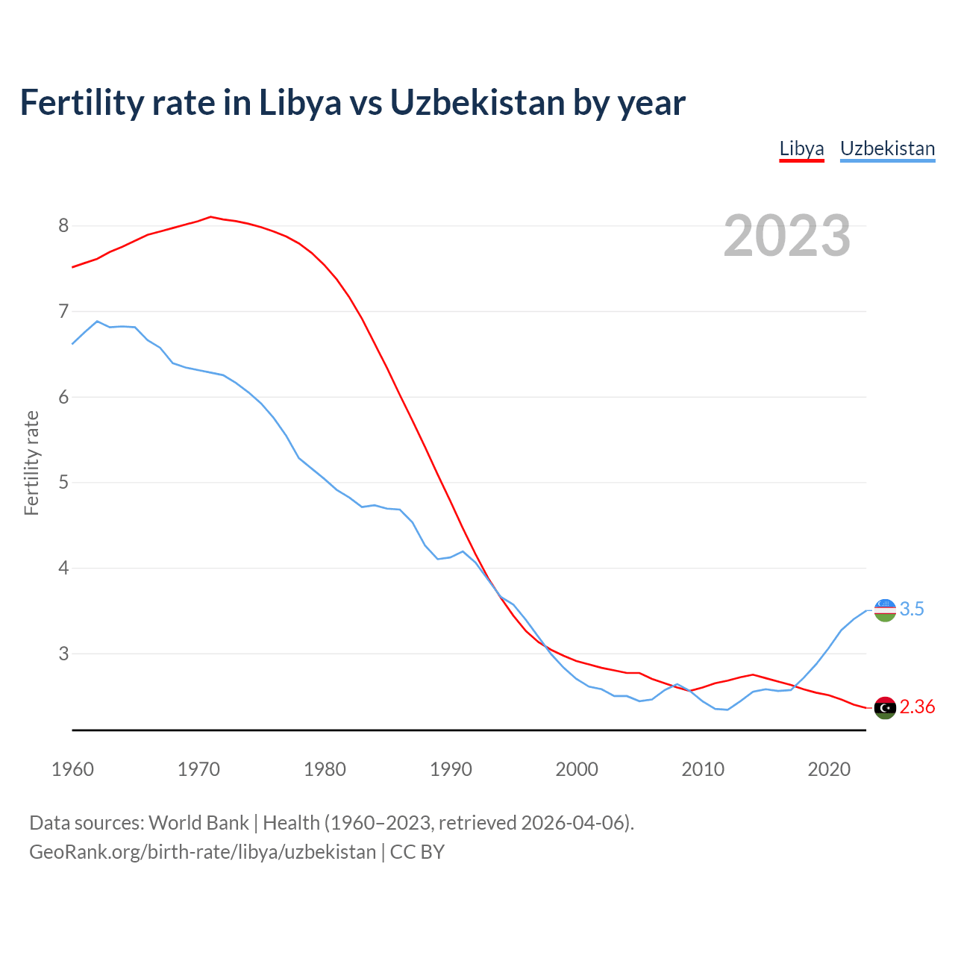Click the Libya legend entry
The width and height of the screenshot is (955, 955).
[x=801, y=148]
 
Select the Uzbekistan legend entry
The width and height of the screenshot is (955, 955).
[x=887, y=148]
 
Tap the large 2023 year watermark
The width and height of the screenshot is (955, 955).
[x=787, y=236]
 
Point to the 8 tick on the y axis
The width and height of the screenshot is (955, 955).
[x=63, y=225]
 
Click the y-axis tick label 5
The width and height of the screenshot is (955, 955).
[x=63, y=483]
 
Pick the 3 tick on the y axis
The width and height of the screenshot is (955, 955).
[x=63, y=654]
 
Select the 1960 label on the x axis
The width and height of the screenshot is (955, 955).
[x=72, y=769]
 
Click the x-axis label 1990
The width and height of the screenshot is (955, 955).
[x=451, y=769]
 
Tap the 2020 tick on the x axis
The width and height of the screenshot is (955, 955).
[x=829, y=769]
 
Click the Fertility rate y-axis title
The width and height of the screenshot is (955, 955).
[x=31, y=463]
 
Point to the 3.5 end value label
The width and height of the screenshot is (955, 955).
[x=912, y=610]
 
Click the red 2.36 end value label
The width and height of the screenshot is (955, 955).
[x=917, y=707]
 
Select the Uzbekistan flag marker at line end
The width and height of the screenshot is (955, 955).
[x=885, y=610]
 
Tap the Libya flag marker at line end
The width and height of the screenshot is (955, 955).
[x=885, y=707]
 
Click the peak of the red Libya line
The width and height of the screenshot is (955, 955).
[x=210, y=217]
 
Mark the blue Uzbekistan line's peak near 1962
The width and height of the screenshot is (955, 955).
[x=97, y=322]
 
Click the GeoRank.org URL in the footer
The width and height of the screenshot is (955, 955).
[x=202, y=852]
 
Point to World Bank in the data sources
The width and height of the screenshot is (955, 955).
[x=198, y=823]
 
